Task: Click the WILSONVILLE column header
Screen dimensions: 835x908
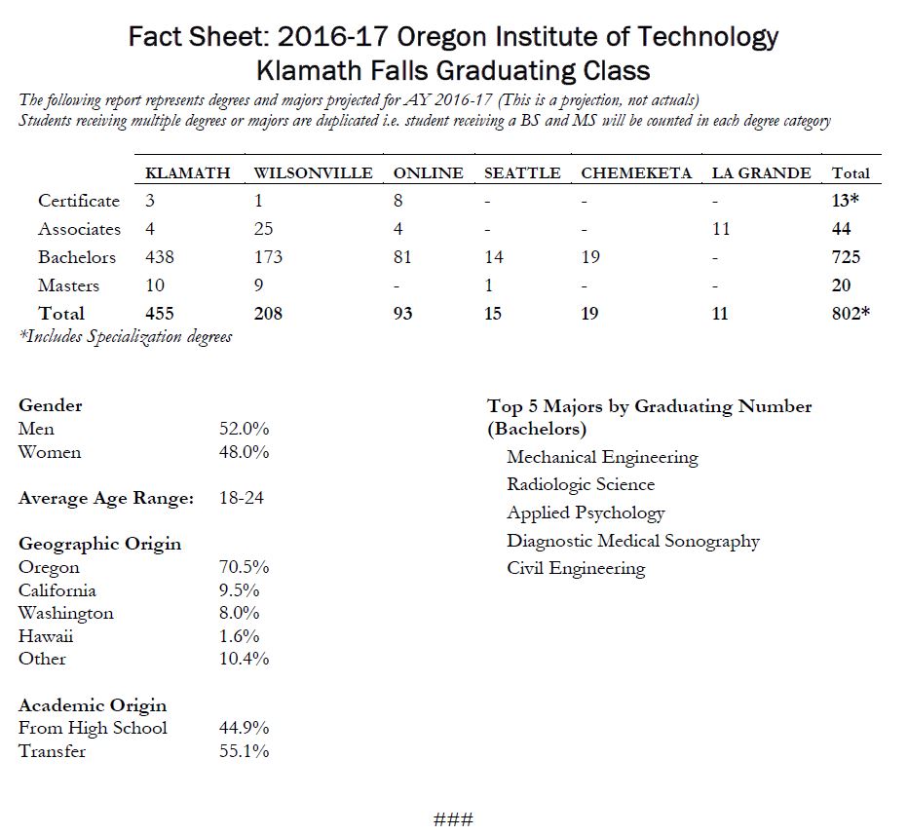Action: (313, 173)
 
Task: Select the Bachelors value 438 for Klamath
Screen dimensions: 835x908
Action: (160, 257)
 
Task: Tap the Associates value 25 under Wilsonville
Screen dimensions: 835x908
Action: (263, 229)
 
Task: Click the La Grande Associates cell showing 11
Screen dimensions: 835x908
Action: (721, 229)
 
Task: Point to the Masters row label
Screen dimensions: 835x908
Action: (68, 285)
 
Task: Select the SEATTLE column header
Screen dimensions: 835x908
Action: (522, 173)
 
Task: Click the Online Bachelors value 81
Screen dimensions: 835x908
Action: (402, 257)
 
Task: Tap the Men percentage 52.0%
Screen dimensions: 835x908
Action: (244, 429)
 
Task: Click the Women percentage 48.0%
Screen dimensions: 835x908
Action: (244, 452)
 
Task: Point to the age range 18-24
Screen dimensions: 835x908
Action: (242, 498)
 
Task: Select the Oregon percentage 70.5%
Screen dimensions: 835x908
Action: (244, 567)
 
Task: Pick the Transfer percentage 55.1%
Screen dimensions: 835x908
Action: (244, 751)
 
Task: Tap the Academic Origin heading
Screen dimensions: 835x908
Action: (93, 705)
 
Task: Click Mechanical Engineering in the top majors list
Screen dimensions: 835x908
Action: (602, 457)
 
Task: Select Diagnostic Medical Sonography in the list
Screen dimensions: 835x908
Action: (632, 541)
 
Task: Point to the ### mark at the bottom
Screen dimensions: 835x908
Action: (453, 818)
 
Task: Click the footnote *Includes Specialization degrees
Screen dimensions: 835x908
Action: (126, 337)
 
